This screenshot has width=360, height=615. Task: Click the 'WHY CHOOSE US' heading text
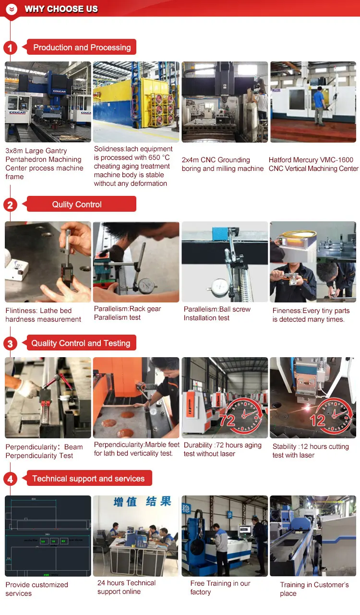[x=61, y=9]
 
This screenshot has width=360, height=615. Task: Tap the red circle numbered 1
[x=10, y=48]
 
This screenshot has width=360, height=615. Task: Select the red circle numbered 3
[x=10, y=343]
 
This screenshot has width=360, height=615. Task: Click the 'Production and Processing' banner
[x=82, y=47]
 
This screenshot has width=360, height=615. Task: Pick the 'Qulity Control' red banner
[x=77, y=204]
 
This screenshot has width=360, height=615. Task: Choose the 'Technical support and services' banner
[x=88, y=478]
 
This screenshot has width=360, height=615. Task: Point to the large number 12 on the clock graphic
[x=318, y=421]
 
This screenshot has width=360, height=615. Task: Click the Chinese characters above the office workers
[x=142, y=502]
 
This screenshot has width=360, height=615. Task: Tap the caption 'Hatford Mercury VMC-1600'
[x=311, y=160]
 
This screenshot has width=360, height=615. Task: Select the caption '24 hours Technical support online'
[x=126, y=587]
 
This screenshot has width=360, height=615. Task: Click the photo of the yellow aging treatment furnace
[x=136, y=102]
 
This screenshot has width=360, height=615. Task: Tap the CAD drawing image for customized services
[x=48, y=536]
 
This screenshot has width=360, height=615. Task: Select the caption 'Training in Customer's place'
[x=314, y=589]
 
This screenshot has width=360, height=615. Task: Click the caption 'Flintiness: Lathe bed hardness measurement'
[x=43, y=315]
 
